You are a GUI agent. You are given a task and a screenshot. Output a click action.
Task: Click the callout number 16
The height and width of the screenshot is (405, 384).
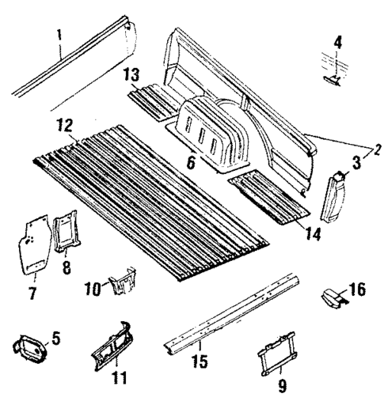coord(358,290)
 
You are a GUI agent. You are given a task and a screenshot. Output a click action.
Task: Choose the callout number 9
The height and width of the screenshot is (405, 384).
coord(284,388)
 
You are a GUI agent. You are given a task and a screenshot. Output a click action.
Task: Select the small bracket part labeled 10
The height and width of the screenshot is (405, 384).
coord(122,282)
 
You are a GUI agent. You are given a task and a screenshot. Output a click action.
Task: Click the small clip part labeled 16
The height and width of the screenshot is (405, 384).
coord(332,298)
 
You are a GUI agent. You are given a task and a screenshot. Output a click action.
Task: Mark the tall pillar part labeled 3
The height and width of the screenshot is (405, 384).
coord(332,197)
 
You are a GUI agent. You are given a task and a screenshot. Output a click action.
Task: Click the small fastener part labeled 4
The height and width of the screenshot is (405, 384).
coord(333,79)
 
